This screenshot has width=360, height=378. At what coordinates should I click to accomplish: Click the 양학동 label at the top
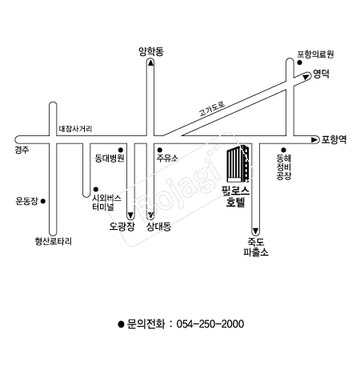pos(151,51)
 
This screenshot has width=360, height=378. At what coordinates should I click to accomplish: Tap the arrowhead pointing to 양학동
pos(150,62)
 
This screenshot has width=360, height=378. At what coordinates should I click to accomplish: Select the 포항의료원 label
pos(315,54)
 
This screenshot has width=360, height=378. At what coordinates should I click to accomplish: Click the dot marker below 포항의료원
pos(299,62)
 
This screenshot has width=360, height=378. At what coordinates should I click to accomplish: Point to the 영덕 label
pos(322,74)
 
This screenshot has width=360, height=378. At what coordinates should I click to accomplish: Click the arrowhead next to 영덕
pos(306,77)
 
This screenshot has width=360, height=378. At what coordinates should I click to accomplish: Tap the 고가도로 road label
pos(212,108)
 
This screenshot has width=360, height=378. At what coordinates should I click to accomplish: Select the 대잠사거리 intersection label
pos(75,129)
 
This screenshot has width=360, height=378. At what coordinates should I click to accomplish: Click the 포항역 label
pos(334,139)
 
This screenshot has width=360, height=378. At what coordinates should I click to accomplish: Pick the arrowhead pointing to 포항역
pos(315,139)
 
